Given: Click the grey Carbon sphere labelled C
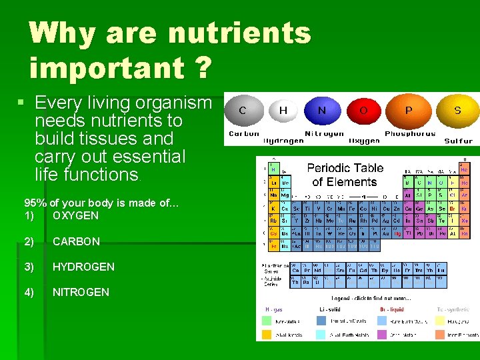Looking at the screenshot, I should click(243, 111).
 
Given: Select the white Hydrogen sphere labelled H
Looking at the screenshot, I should click(283, 111).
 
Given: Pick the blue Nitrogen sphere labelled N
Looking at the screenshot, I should click(323, 111).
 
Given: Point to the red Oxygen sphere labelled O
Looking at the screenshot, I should click(363, 111).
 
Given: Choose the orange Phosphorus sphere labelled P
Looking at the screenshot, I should click(409, 111).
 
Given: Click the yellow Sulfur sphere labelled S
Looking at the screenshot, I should click(457, 111).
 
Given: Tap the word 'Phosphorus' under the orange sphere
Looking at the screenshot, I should click(410, 134).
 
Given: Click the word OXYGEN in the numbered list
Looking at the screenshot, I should click(75, 215).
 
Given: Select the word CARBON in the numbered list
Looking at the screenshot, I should click(76, 241).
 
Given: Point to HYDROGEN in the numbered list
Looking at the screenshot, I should click(83, 267).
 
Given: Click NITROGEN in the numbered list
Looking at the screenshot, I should click(81, 292).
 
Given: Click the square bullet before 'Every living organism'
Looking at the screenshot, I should click(21, 103).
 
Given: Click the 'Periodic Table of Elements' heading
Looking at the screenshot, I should click(345, 175).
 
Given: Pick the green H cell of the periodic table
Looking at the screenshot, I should click(273, 169).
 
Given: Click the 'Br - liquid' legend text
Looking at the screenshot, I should click(391, 309).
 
